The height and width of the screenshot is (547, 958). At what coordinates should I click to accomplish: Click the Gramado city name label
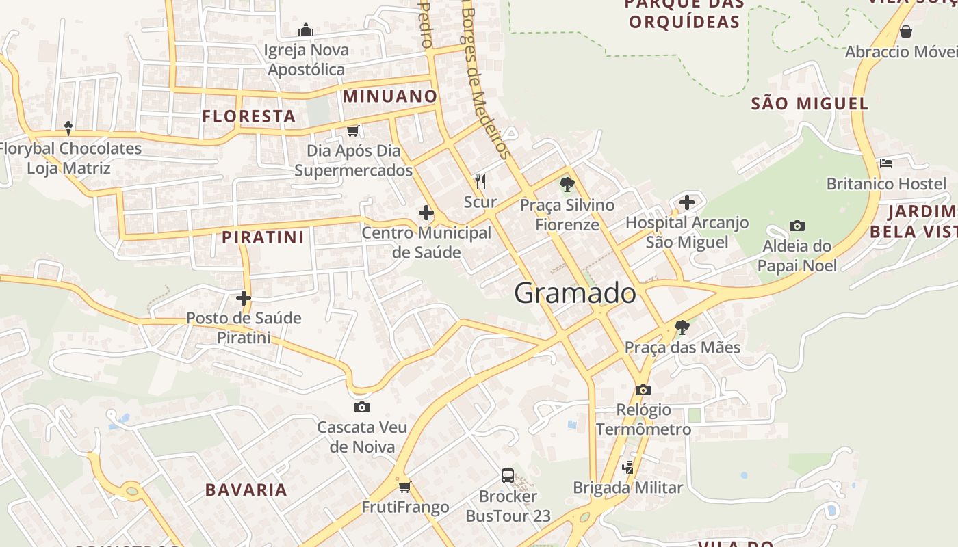pos(575,293)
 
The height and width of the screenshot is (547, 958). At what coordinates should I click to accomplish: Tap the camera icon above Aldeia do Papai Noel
pos(797,226)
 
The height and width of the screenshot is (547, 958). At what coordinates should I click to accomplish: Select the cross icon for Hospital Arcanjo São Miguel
pos(687,202)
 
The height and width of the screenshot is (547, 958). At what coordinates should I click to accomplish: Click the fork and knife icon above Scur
pos(480,181)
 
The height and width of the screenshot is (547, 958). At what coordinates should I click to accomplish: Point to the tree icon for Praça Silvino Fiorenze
pos(567,184)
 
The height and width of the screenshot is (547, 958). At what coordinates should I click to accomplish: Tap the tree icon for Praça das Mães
pos(682,328)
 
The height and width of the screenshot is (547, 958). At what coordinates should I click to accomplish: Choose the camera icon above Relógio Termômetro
pos(643,390)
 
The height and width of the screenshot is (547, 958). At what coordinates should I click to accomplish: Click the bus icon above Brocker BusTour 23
pos(508,476)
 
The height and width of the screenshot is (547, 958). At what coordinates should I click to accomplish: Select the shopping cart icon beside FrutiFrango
pos(404,487)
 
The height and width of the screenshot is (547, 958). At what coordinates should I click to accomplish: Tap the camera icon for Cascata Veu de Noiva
pos(362,408)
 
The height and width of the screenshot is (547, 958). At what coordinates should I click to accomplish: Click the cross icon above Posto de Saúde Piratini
pos(244,298)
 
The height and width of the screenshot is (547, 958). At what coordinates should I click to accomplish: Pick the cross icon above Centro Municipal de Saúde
pos(426,213)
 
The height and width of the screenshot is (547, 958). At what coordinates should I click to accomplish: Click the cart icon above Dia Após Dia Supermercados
pos(352,131)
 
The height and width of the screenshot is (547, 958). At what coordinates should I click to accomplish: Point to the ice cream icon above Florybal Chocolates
pos(68,127)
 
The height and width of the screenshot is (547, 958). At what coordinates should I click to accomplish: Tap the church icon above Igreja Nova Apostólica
pos(306,29)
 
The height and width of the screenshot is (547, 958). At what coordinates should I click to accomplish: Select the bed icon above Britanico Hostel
pos(886,163)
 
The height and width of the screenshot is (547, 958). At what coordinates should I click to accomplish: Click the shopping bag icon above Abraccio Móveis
pos(906,31)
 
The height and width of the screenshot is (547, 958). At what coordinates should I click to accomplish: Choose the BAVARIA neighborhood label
pos(246,490)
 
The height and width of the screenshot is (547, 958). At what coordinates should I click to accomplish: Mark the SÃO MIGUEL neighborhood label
pos(810,104)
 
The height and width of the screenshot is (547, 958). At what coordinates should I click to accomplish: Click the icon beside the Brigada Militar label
pos(628,468)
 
